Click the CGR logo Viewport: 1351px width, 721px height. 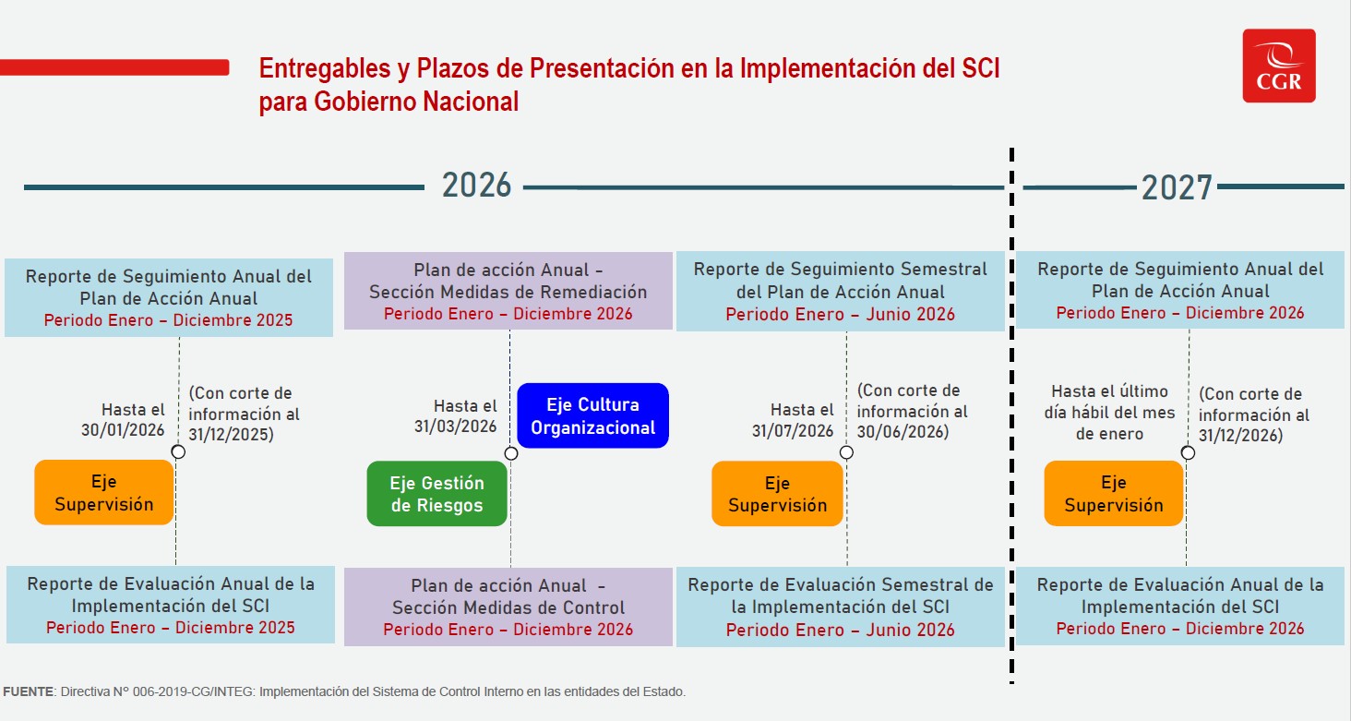pos(1278,66)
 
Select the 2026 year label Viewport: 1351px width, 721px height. pos(476,186)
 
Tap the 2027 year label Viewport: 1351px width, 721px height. pos(1176,187)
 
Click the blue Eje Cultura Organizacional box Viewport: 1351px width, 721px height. pos(592,416)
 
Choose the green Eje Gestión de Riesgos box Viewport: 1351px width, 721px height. pos(436,494)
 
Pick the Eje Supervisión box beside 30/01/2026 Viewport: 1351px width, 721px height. pos(103,493)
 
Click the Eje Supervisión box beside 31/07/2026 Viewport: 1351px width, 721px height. pos(777,494)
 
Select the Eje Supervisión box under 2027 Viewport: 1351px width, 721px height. pos(1113,494)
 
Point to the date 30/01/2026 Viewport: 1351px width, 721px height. pos(123,430)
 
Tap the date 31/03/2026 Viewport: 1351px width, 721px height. pos(455,427)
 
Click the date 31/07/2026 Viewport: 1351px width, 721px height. pos(793,431)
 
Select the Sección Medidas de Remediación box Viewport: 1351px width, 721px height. pos(508,291)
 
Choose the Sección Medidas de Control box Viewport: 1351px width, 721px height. pos(508,607)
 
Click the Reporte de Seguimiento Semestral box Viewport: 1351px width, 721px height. pos(840,291)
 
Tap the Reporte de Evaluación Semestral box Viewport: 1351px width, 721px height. pos(840,607)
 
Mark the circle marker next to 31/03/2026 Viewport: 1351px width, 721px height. pos(511,453)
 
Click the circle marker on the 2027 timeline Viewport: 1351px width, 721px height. pos(1188,453)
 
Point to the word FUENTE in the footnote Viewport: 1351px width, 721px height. pos(29,691)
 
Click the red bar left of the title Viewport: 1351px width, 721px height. pos(114,67)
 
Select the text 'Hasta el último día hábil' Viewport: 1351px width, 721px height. pos(1109,402)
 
